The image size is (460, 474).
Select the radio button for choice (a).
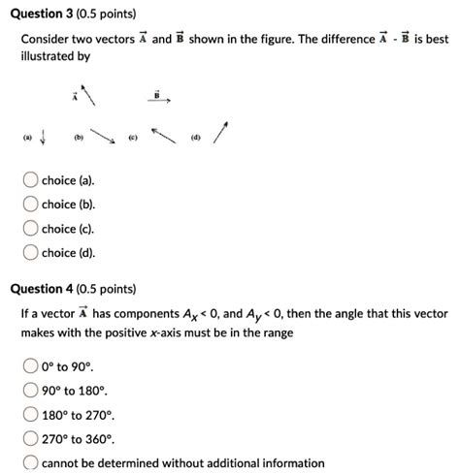pyautogui.click(x=30, y=181)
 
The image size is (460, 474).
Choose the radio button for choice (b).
pyautogui.click(x=30, y=205)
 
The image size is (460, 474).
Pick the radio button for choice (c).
pyautogui.click(x=30, y=230)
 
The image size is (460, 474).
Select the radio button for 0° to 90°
pyautogui.click(x=30, y=366)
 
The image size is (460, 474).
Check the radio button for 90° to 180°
pyautogui.click(x=30, y=391)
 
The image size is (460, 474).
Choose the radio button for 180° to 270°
pyautogui.click(x=30, y=415)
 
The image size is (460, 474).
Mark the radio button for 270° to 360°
pyautogui.click(x=30, y=439)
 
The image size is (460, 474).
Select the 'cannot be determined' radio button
pyautogui.click(x=30, y=462)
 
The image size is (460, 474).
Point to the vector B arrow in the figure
pyautogui.click(x=160, y=100)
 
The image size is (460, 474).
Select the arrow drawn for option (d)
pyautogui.click(x=222, y=133)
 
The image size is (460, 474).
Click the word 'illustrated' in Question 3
pyautogui.click(x=49, y=57)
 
